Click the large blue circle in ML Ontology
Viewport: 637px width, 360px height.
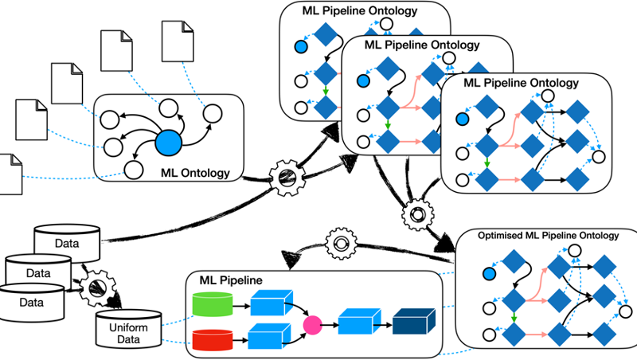coord(169,143)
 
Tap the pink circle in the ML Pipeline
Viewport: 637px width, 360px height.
coord(313,325)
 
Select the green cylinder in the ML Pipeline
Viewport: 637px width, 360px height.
coord(212,304)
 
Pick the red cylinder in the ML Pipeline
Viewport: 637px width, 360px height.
coord(212,339)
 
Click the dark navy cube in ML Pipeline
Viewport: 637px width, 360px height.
coord(414,321)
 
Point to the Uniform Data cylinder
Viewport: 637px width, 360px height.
coord(129,329)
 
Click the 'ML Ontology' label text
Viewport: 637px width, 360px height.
coord(195,173)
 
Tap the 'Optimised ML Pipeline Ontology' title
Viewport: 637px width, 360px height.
coord(548,236)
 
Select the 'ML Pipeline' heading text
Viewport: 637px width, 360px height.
coord(231,280)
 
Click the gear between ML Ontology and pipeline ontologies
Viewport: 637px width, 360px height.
coord(287,178)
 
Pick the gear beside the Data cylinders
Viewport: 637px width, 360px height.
coord(98,288)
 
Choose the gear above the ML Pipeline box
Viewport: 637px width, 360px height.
coord(342,244)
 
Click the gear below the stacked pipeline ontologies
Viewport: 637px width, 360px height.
coord(417,215)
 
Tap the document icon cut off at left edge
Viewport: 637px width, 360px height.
coord(10,174)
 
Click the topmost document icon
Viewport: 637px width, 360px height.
coord(178,41)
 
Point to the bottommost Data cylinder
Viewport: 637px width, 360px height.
coord(32,302)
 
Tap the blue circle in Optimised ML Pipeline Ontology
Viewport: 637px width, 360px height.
coord(490,274)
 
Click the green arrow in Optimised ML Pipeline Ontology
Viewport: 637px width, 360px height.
coord(514,317)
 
